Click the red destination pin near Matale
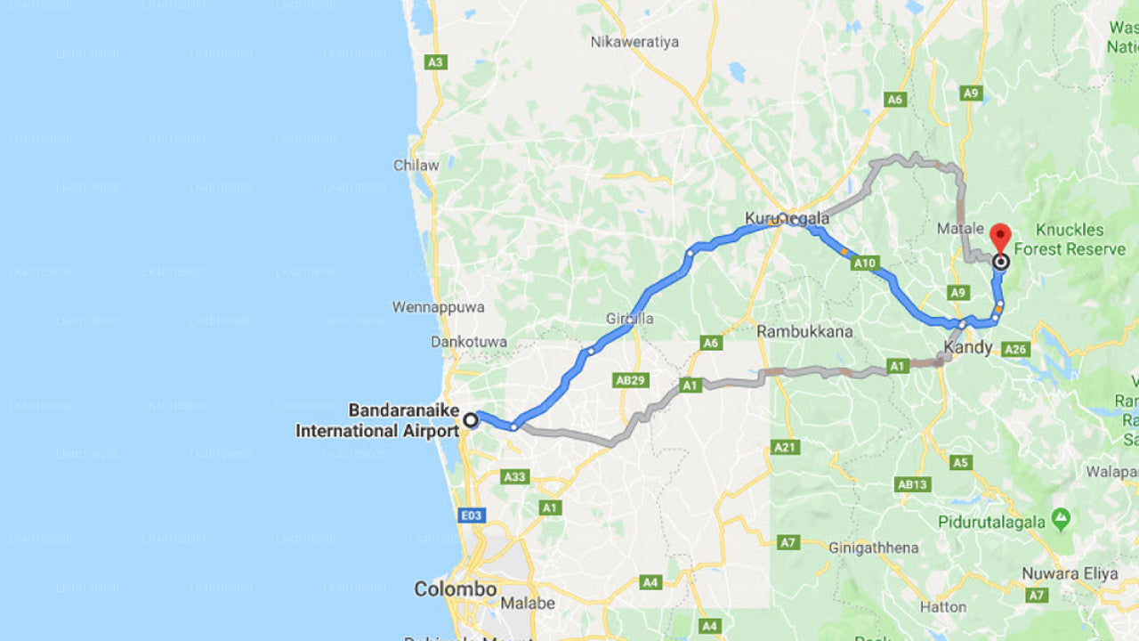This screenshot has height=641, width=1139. pyautogui.click(x=1000, y=237)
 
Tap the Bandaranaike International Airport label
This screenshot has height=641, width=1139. pyautogui.click(x=377, y=421)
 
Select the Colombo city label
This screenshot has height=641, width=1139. pyautogui.click(x=455, y=589)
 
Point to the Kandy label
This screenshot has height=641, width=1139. pyautogui.click(x=967, y=348)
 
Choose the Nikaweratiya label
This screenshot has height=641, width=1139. pyautogui.click(x=634, y=42)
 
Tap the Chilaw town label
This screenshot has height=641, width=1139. pyautogui.click(x=416, y=166)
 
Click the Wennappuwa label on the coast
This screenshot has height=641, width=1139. pyautogui.click(x=439, y=307)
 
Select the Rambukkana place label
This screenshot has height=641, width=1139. pyautogui.click(x=804, y=331)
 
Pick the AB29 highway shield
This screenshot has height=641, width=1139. pyautogui.click(x=630, y=380)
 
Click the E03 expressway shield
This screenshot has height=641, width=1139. pyautogui.click(x=471, y=515)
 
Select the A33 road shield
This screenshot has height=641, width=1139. pyautogui.click(x=515, y=477)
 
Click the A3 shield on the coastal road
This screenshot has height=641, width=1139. pyautogui.click(x=436, y=62)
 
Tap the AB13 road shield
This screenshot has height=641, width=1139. pyautogui.click(x=913, y=484)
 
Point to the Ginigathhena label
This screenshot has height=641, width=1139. pyautogui.click(x=873, y=548)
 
